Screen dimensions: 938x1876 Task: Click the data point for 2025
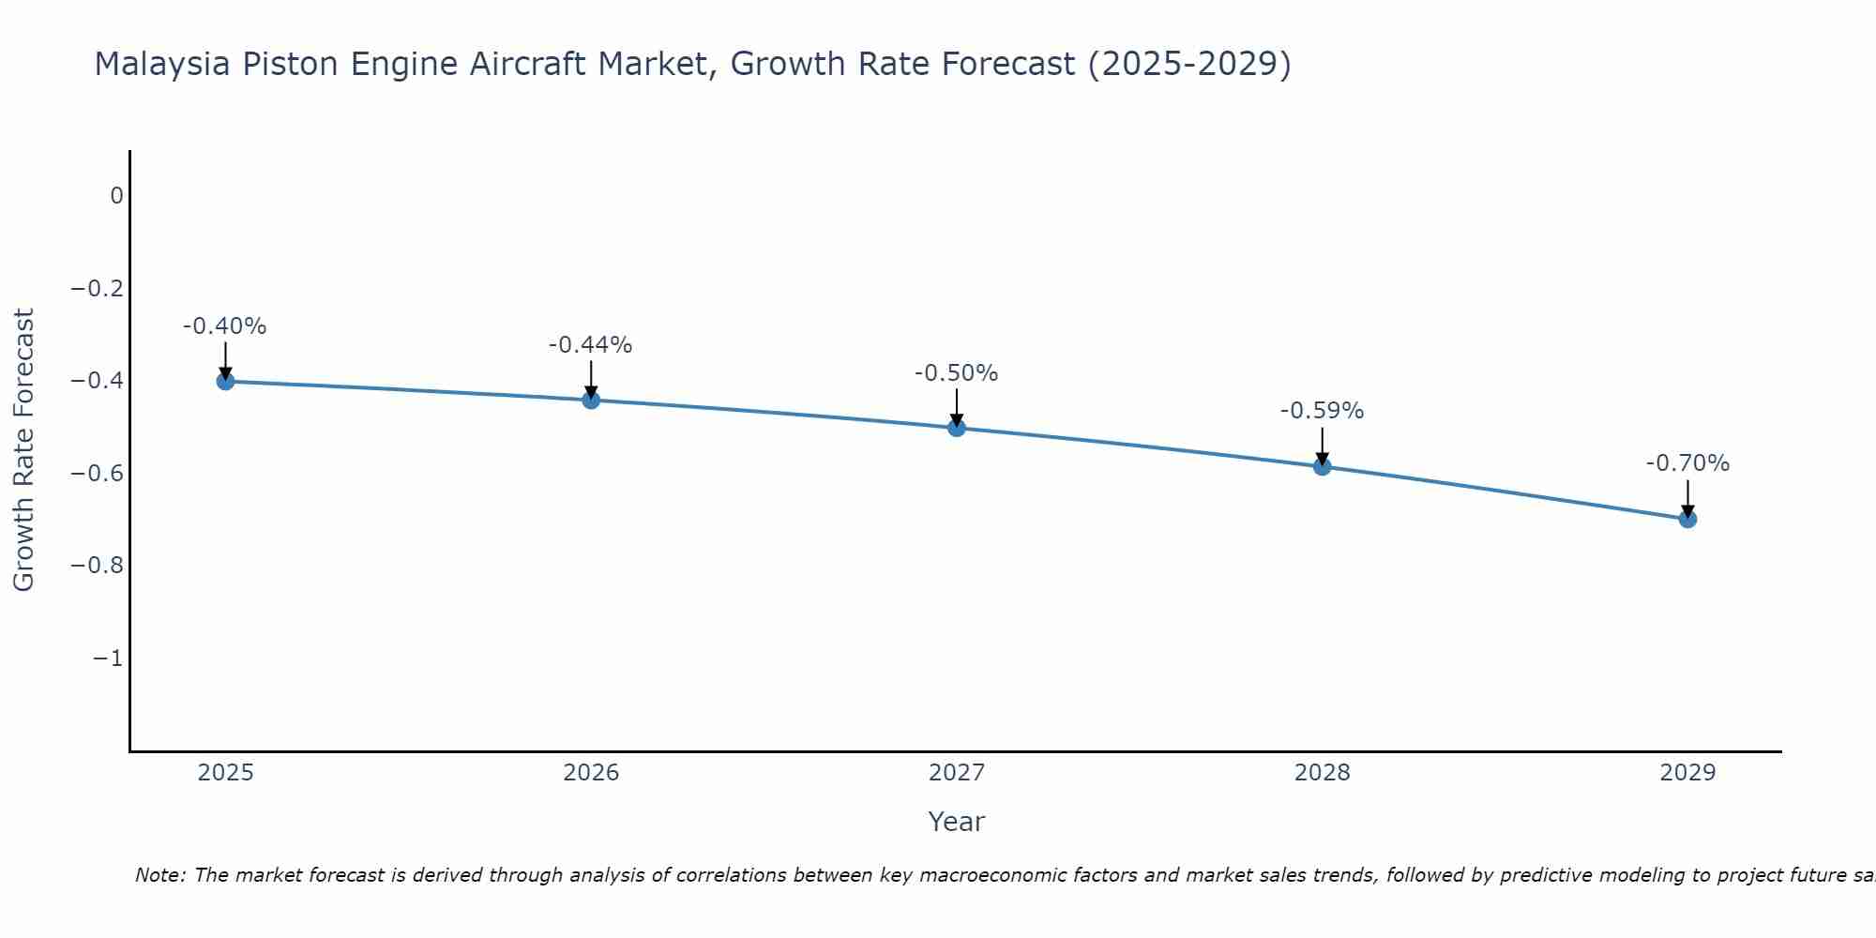[x=225, y=381]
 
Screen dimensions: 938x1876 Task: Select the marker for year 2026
[x=591, y=400]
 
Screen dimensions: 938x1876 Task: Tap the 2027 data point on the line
[x=957, y=428]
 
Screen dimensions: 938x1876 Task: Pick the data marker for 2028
[x=1323, y=466]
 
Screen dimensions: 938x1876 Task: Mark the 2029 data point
[x=1687, y=519]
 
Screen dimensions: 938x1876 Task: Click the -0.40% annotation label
[x=224, y=326]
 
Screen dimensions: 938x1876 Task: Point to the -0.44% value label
[x=590, y=345]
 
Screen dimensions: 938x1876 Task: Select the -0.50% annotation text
[x=956, y=373]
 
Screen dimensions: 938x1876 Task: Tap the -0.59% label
[x=1322, y=411]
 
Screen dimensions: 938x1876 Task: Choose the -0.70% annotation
[x=1687, y=463]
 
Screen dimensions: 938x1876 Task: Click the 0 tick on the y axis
[x=116, y=196]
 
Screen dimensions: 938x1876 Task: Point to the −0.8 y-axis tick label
[x=98, y=566]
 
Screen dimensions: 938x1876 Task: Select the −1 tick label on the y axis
[x=108, y=658]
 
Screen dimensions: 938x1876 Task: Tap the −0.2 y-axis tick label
[x=98, y=288]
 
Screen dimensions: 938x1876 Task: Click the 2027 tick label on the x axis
[x=957, y=773]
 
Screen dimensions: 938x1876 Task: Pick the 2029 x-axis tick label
[x=1687, y=773]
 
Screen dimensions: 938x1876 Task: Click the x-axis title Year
[x=956, y=822]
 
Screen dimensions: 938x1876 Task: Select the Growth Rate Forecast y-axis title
[x=24, y=450]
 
